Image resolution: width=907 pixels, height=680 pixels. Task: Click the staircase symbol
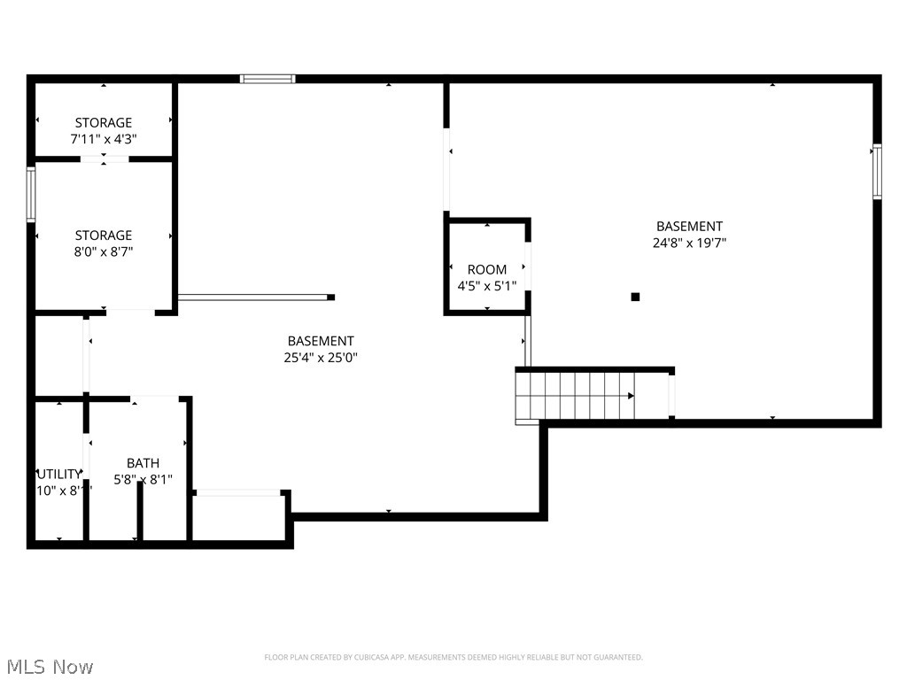576,396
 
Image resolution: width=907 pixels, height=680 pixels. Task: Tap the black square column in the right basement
635,297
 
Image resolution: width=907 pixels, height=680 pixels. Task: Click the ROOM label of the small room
487,269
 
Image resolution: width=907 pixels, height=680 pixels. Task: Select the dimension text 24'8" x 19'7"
689,243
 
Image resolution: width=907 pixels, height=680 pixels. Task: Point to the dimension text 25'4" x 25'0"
321,358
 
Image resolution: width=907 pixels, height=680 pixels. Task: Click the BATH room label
143,463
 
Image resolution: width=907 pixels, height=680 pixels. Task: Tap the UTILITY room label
59,474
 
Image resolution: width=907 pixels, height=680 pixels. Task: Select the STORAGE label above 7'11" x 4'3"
103,123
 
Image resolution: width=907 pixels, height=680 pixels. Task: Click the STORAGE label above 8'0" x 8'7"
103,236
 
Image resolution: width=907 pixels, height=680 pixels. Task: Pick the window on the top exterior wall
267,79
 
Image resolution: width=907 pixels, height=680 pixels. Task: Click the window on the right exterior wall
877,172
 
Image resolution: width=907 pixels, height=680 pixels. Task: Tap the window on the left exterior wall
31,195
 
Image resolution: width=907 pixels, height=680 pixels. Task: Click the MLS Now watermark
49,666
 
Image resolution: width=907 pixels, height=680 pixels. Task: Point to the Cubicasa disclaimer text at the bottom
453,657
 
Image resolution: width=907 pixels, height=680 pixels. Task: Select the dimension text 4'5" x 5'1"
487,286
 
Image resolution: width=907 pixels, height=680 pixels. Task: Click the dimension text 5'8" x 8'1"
143,480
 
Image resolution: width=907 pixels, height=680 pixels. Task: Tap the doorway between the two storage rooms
104,159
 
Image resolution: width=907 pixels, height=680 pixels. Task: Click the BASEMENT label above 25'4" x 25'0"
321,341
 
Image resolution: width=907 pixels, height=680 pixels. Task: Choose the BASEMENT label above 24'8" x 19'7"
689,227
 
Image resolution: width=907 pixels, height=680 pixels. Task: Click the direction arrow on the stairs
630,396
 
